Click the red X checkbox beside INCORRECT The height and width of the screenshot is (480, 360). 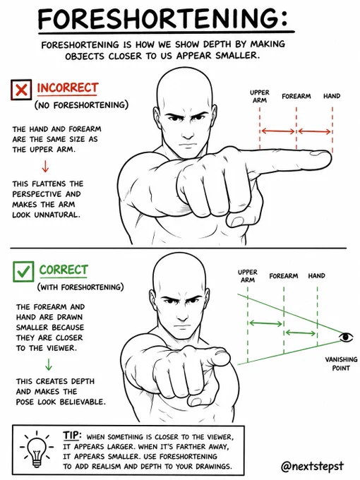pyautogui.click(x=20, y=90)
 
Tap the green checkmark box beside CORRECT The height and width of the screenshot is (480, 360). pyautogui.click(x=23, y=271)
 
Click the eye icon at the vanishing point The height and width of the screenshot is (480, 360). pyautogui.click(x=346, y=337)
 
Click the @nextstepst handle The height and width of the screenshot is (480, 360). pyautogui.click(x=312, y=467)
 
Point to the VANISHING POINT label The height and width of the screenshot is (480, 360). pyautogui.click(x=341, y=364)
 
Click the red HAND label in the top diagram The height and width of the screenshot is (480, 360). pyautogui.click(x=332, y=96)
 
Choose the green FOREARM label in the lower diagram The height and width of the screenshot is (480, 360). pyautogui.click(x=284, y=276)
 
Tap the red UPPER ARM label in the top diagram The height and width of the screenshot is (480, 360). pyautogui.click(x=260, y=96)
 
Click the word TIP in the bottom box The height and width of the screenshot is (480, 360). pyautogui.click(x=72, y=435)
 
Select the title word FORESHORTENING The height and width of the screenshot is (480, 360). pyautogui.click(x=162, y=18)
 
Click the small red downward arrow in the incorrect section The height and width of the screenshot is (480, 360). pyautogui.click(x=45, y=166)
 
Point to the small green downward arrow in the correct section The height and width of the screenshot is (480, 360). pyautogui.click(x=49, y=364)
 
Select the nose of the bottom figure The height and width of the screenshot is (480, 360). pyautogui.click(x=182, y=314)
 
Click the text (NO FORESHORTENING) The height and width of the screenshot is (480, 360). pyautogui.click(x=81, y=105)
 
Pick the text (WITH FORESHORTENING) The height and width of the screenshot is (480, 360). pyautogui.click(x=80, y=287)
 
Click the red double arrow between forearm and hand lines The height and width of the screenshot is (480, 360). pyautogui.click(x=314, y=131)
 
